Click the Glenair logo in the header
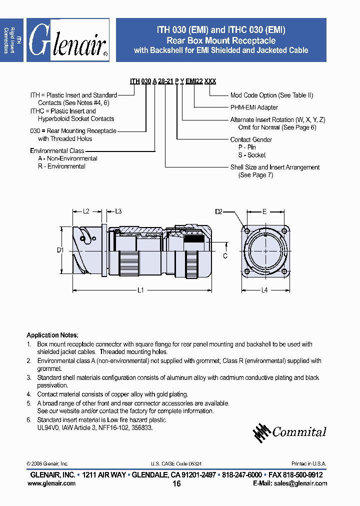point(67,40)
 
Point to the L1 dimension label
point(141,290)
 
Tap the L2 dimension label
point(86,211)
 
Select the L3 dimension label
point(118,211)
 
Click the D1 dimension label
point(59,249)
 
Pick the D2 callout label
point(219,211)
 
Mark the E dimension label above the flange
point(264,211)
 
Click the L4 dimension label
point(264,290)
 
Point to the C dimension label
point(225,256)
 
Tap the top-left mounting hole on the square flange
point(247,230)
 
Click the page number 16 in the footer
point(176,483)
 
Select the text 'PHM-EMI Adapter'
point(254,107)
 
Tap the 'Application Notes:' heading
point(52,335)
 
